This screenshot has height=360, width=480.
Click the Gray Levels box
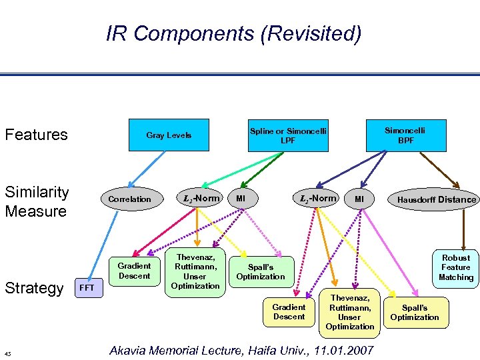[169, 135]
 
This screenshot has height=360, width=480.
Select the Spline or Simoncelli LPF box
[288, 135]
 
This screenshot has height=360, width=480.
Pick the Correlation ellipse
[130, 199]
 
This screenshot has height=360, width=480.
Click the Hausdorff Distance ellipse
[437, 199]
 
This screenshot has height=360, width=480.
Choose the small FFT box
[87, 288]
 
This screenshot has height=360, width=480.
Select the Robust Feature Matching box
[455, 267]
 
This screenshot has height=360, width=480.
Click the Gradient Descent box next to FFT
[135, 271]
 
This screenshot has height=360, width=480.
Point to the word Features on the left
[37, 135]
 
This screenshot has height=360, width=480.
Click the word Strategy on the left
[34, 288]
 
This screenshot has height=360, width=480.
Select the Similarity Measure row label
[37, 201]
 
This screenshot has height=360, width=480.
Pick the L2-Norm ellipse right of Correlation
[200, 198]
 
